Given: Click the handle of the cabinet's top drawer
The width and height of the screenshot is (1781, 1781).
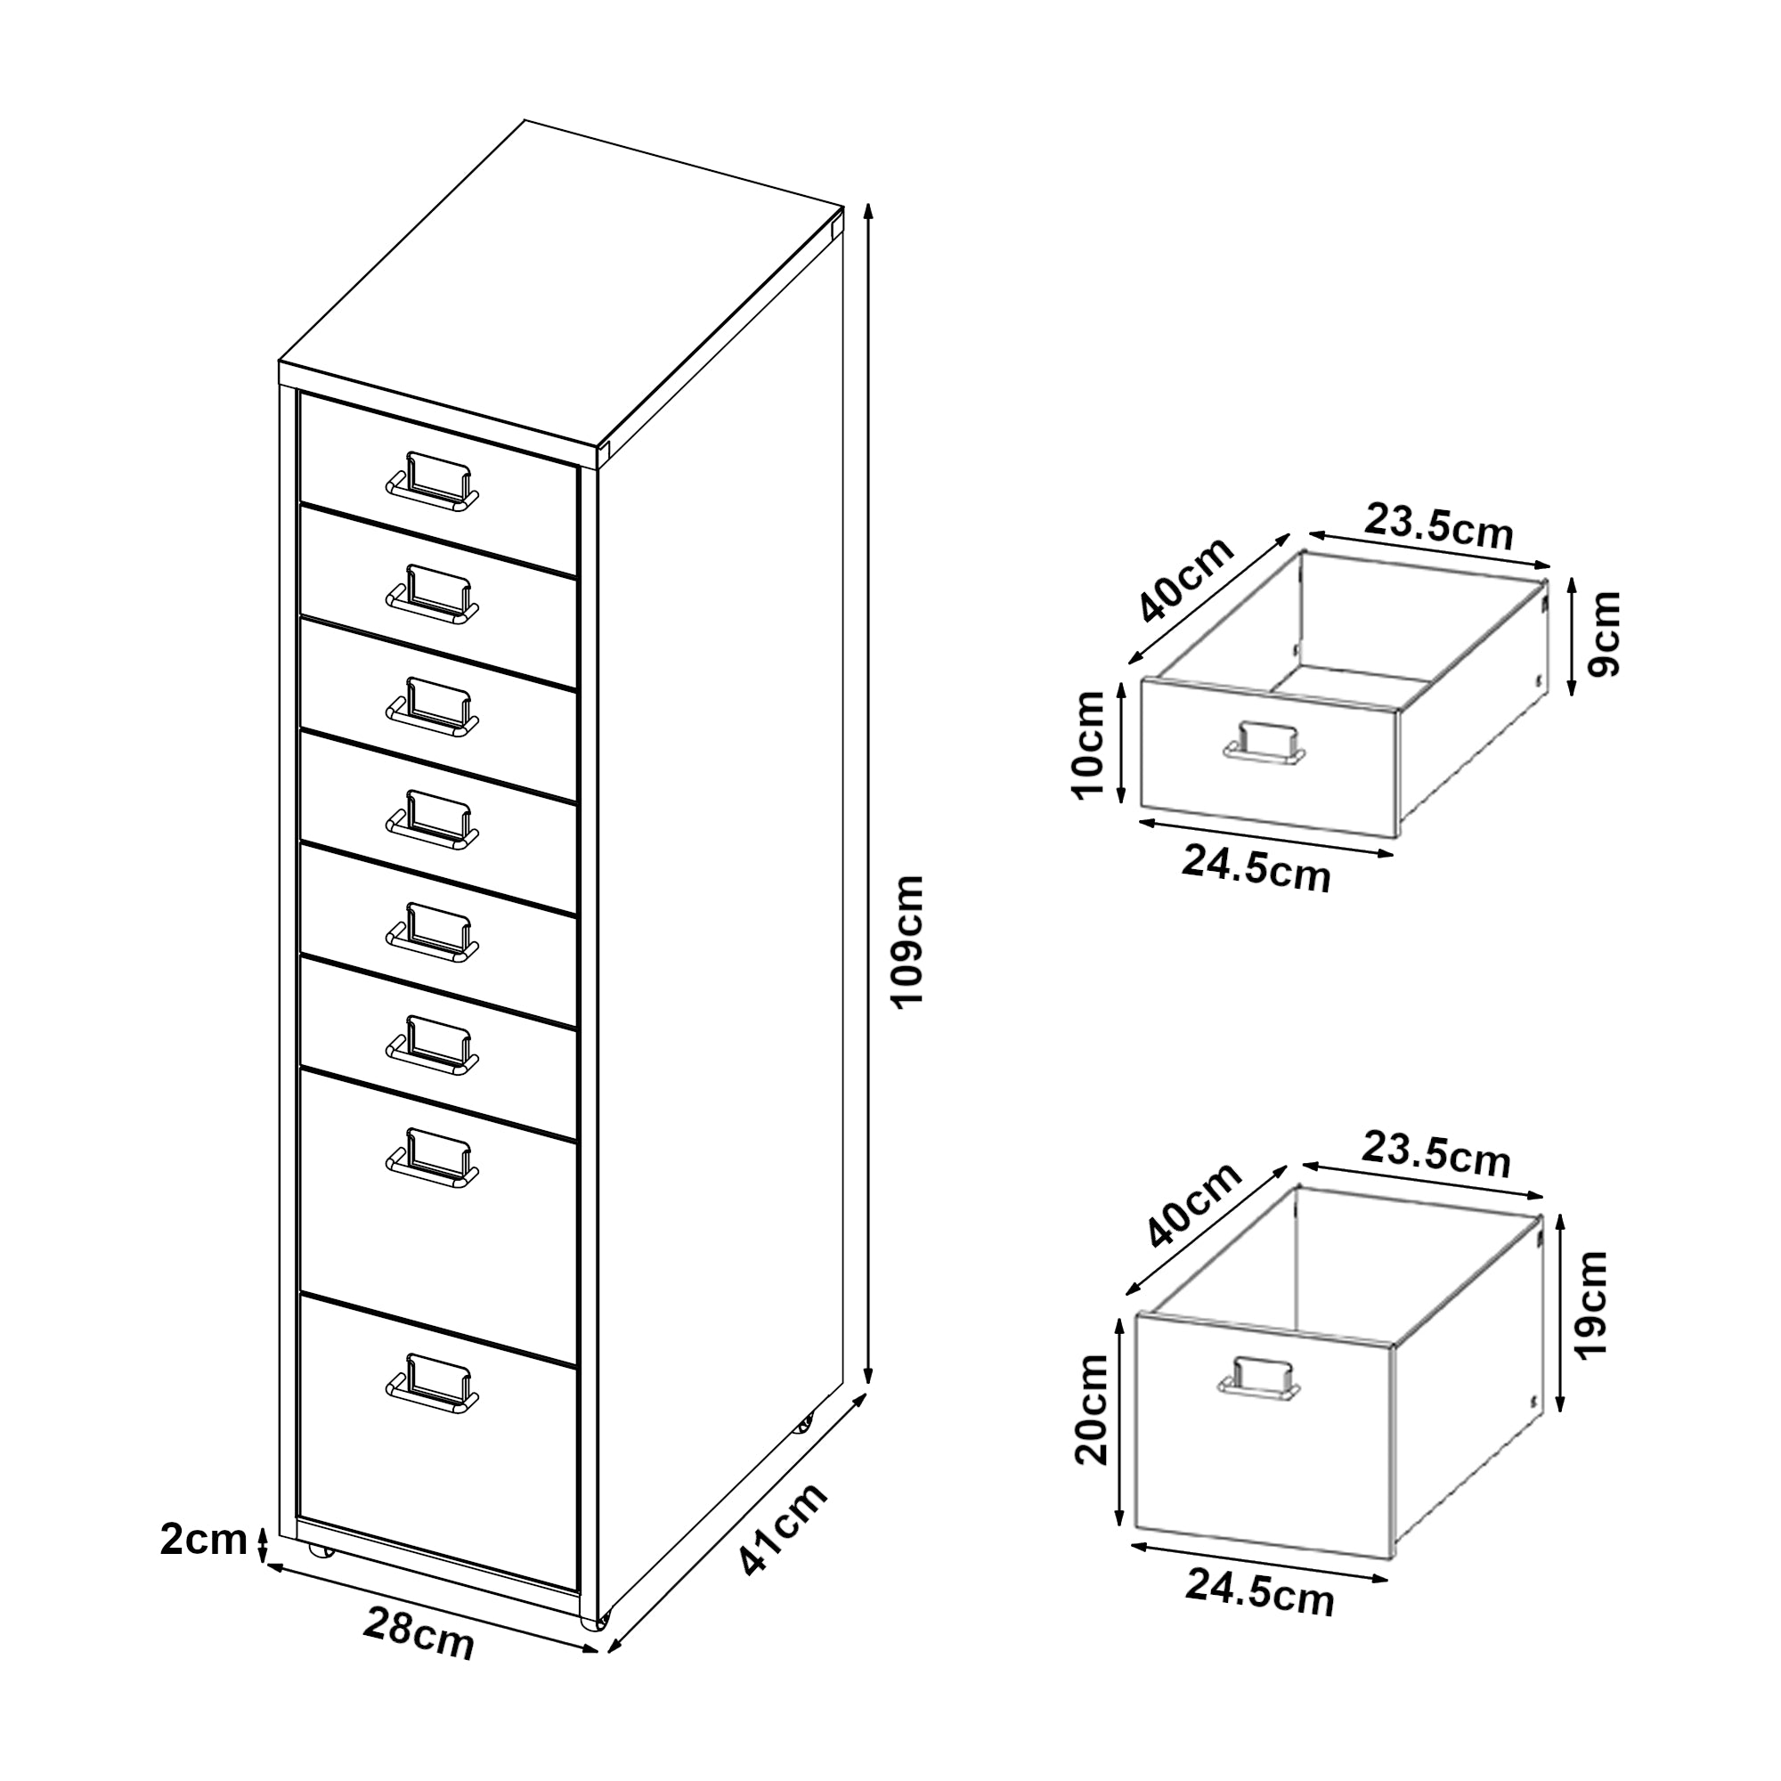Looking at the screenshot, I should [433, 482].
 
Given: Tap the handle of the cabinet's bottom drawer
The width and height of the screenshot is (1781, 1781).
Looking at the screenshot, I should [433, 1384].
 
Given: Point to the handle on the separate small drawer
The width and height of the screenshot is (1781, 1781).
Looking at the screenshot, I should [1264, 743].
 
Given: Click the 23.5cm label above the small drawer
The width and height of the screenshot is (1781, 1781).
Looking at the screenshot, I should [1439, 526].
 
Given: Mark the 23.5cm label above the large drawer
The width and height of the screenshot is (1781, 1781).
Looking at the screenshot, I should [1436, 1155].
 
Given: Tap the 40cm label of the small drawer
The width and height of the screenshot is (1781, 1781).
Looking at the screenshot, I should [1185, 580].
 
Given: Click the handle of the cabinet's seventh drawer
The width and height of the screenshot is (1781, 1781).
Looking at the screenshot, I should [433, 1158].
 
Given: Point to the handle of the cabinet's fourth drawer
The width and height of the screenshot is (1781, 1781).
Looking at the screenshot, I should [433, 819].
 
